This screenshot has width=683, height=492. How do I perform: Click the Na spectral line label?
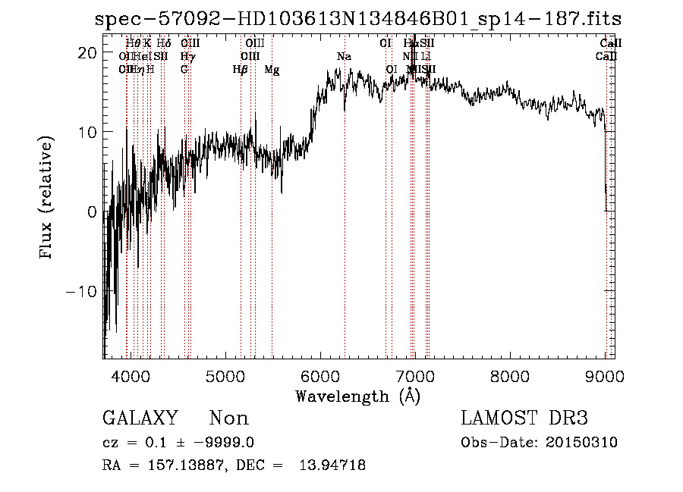tap(345, 57)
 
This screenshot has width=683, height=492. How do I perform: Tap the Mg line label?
tap(272, 70)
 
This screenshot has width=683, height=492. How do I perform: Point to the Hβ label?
tap(241, 70)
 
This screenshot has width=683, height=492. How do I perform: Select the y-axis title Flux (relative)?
tap(47, 198)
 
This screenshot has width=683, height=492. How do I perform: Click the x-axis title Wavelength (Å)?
tap(357, 396)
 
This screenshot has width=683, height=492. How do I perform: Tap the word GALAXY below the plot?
tap(140, 418)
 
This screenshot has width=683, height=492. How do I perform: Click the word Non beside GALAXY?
tap(228, 418)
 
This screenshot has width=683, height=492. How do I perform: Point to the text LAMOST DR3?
tap(524, 418)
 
